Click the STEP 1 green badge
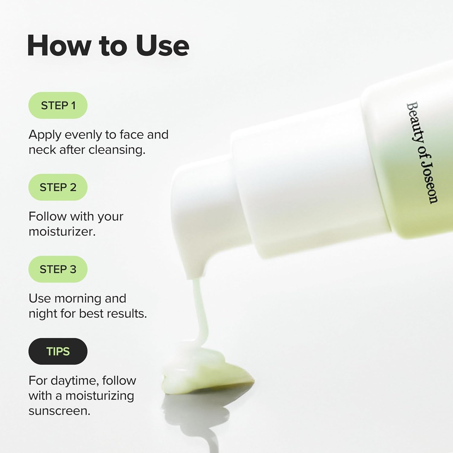click(x=58, y=105)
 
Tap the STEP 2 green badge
click(x=58, y=187)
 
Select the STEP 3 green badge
click(x=58, y=269)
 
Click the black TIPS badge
click(x=58, y=351)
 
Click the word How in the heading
click(x=59, y=46)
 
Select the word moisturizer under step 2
click(x=62, y=232)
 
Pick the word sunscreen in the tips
click(x=59, y=411)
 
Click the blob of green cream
click(x=208, y=374)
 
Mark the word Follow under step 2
click(x=47, y=217)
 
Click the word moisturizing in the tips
click(x=100, y=396)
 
